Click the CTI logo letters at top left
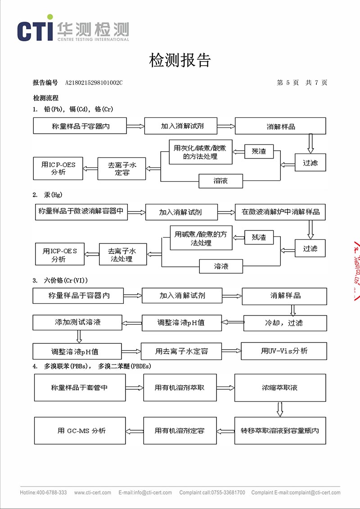35,30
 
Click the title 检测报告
180,60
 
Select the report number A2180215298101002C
94,83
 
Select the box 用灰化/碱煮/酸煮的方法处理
201,153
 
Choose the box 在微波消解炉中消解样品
280,212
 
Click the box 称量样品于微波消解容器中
81,211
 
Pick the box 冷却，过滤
285,323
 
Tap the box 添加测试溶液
77,322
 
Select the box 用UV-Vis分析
284,351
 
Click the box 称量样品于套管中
80,387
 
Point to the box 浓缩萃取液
280,387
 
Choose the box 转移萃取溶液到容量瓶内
280,431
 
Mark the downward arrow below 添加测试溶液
79,336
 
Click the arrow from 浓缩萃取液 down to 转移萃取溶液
280,409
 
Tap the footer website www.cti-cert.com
93,493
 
